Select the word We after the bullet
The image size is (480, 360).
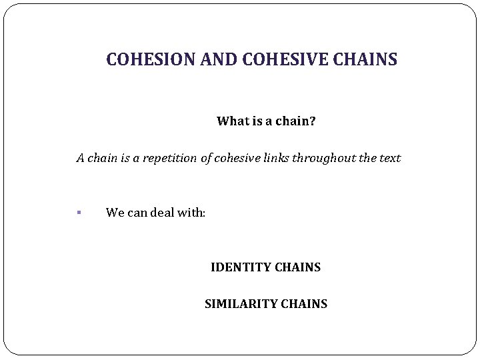115,213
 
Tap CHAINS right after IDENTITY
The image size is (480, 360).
298,268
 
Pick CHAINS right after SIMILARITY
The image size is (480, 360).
305,304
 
